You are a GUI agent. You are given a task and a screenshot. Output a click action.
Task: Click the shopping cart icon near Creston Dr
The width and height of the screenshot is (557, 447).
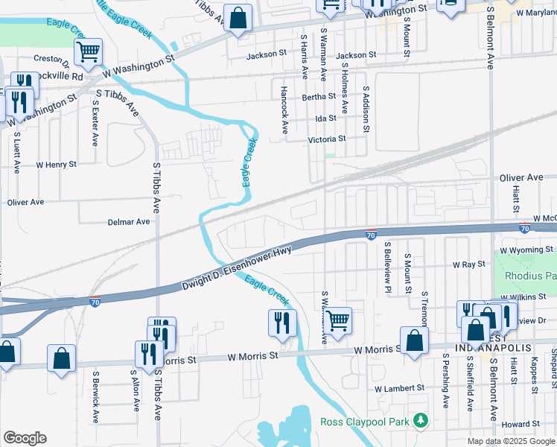click(x=89, y=51)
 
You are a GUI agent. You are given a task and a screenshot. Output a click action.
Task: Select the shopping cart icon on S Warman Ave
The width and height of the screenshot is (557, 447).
click(x=338, y=320)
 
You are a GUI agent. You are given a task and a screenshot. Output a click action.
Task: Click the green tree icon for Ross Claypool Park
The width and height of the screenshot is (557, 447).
click(x=421, y=421)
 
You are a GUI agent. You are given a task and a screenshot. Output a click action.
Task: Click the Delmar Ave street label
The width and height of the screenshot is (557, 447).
click(x=129, y=221)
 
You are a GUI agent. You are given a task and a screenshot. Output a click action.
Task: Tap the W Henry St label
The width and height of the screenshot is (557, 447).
click(x=56, y=165)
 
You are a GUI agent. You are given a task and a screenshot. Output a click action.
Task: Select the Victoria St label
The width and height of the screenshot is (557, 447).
click(x=327, y=139)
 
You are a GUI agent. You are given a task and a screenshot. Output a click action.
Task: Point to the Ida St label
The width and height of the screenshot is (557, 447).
click(x=326, y=118)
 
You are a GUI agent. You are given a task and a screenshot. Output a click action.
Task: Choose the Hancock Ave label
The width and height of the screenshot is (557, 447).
click(x=284, y=110)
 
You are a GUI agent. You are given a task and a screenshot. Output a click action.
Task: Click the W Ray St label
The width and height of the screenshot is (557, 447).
click(x=469, y=264)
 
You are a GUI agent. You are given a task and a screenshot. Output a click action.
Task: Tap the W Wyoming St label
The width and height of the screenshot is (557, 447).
click(x=526, y=250)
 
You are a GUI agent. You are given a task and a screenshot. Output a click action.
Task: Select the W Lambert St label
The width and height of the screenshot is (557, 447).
click(x=399, y=388)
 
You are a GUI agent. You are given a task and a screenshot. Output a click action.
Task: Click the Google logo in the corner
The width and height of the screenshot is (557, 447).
click(x=25, y=438)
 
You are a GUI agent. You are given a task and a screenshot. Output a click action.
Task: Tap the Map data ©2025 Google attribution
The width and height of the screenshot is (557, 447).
click(x=510, y=441)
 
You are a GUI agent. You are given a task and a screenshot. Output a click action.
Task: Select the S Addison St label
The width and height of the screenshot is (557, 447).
click(x=366, y=110)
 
